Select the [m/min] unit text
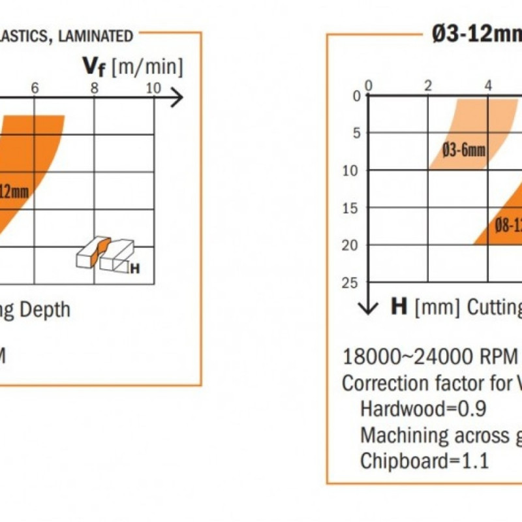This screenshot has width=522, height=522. (147, 67)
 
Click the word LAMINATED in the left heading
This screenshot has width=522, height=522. (97, 37)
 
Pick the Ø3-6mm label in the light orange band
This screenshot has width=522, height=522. (464, 151)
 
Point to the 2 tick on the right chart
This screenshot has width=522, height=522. (428, 85)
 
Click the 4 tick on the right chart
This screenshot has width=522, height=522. (488, 85)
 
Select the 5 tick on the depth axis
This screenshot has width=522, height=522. (356, 133)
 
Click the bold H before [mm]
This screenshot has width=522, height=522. (399, 307)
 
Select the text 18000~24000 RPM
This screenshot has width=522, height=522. (429, 357)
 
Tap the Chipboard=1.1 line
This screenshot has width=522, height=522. (424, 460)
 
